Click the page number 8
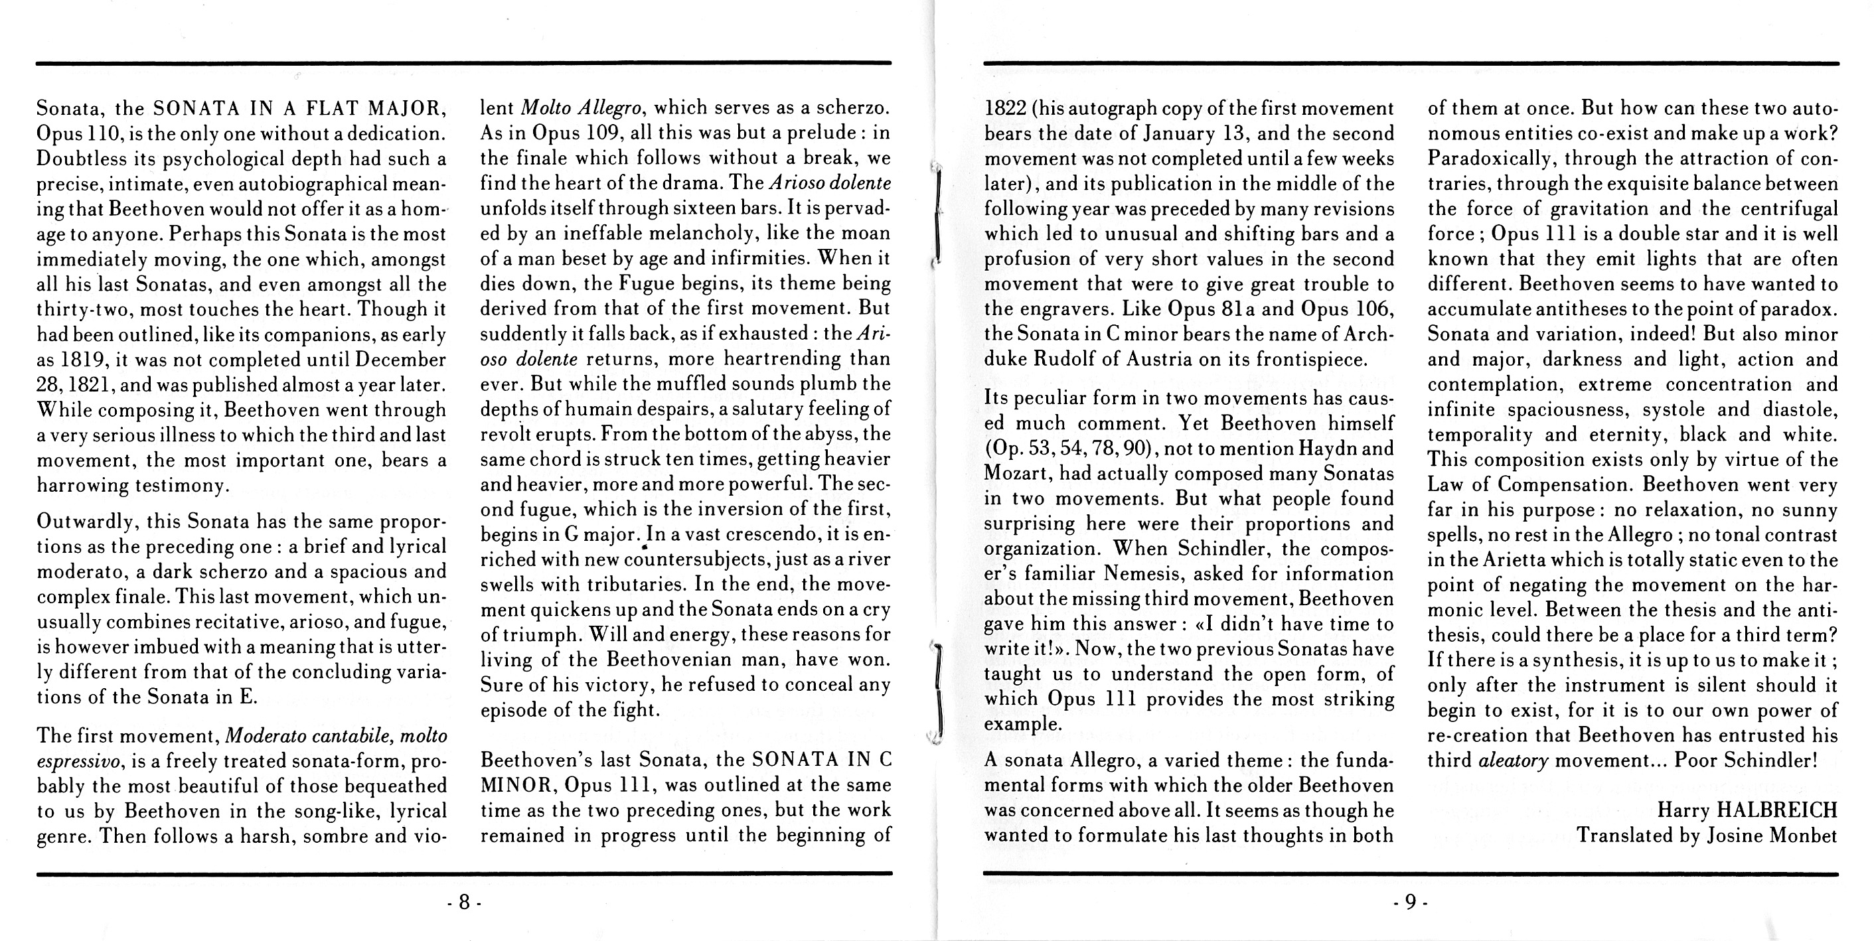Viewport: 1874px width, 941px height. [x=464, y=903]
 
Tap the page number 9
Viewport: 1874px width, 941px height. [x=1410, y=903]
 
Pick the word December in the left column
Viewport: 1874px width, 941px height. [x=404, y=360]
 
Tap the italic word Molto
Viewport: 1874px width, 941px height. [x=547, y=108]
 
